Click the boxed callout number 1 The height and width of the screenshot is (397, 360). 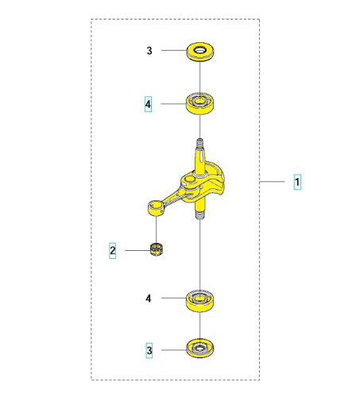[x=297, y=182]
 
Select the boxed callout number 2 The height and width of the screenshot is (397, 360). [x=113, y=250]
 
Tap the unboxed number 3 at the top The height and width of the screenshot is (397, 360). [x=149, y=51]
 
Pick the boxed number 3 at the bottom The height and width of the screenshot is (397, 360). [x=149, y=350]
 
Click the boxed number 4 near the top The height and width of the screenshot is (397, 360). [x=148, y=104]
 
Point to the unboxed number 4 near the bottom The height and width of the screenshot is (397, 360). [x=149, y=299]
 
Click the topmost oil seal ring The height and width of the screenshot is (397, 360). [x=200, y=52]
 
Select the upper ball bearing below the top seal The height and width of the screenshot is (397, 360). [x=200, y=103]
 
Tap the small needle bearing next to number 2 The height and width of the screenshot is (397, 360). [x=157, y=249]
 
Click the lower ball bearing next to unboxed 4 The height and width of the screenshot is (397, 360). [x=200, y=301]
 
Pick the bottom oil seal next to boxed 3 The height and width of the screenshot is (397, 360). [x=200, y=349]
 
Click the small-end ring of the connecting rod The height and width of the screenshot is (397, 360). [x=156, y=208]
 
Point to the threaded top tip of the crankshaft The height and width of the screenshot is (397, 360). [x=200, y=144]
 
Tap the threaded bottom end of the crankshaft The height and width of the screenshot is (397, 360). [x=200, y=214]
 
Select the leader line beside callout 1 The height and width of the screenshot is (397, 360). [x=272, y=182]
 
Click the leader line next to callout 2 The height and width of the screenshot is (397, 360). [x=137, y=250]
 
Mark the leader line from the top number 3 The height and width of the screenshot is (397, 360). [x=174, y=50]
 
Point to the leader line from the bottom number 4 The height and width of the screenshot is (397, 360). [x=174, y=298]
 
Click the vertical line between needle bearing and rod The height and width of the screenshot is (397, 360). [x=157, y=229]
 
